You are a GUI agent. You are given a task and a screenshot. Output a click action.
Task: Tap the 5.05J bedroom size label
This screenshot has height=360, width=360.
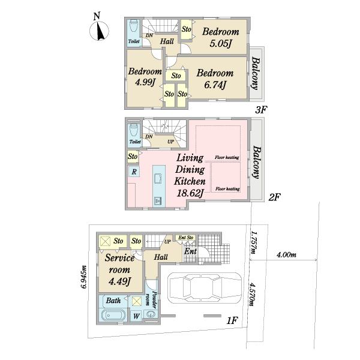pyautogui.click(x=220, y=44)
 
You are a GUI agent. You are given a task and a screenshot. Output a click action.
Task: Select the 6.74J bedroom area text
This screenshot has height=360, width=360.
pyautogui.click(x=215, y=85)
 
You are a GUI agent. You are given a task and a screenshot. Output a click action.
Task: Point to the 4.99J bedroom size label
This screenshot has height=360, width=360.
pyautogui.click(x=145, y=82)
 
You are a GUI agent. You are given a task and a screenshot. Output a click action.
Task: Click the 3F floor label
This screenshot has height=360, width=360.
pyautogui.click(x=261, y=110)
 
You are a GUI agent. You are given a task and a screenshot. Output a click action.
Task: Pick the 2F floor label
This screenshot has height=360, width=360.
pyautogui.click(x=275, y=197)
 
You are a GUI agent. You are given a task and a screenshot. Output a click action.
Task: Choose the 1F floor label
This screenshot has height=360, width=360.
pyautogui.click(x=232, y=320)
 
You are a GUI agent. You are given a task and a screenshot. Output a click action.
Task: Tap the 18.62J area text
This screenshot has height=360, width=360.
pyautogui.click(x=190, y=193)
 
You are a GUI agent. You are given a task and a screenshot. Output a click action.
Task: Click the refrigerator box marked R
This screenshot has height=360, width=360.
pyautogui.click(x=134, y=172)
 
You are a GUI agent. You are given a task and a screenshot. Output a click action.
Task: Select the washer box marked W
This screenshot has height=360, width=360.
pyautogui.click(x=136, y=316)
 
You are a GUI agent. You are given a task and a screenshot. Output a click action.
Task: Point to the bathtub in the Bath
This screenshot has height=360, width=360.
pyautogui.click(x=113, y=315)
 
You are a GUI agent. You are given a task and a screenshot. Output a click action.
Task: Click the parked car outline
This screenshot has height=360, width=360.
pyautogui.click(x=205, y=287)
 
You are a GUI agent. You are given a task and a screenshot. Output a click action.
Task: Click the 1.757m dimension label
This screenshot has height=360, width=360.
pyautogui.click(x=253, y=242)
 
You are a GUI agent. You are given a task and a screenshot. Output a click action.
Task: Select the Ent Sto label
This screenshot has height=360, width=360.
pyautogui.click(x=186, y=238)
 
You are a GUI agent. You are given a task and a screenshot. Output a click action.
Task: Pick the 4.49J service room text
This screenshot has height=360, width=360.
pyautogui.click(x=119, y=281)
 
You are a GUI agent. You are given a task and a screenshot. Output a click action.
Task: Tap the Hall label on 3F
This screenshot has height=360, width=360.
pyautogui.click(x=167, y=41)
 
